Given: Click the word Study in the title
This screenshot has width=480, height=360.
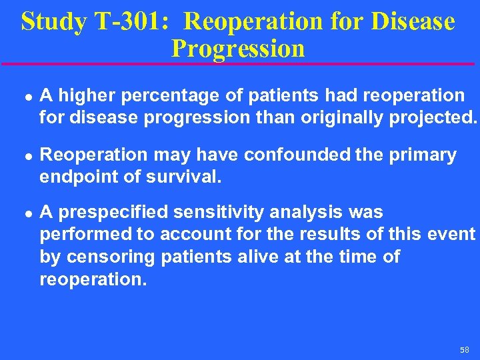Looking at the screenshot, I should pos(53,21).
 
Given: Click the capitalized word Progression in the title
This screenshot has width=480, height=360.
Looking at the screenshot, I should pos(238,48).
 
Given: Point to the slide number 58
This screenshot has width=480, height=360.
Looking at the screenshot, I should pos(464,350).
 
